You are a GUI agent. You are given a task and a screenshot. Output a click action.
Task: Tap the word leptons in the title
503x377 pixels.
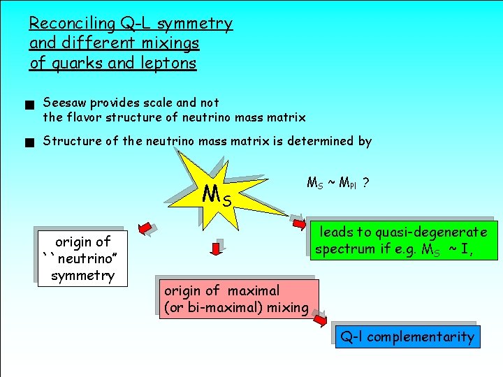pos(168,64)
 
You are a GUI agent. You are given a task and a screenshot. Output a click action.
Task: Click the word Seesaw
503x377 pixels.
pos(65,103)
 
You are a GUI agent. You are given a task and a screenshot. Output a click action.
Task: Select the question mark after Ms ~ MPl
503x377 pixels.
pos(366,183)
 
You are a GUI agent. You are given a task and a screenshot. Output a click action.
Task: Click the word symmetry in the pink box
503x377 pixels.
pos(82,275)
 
